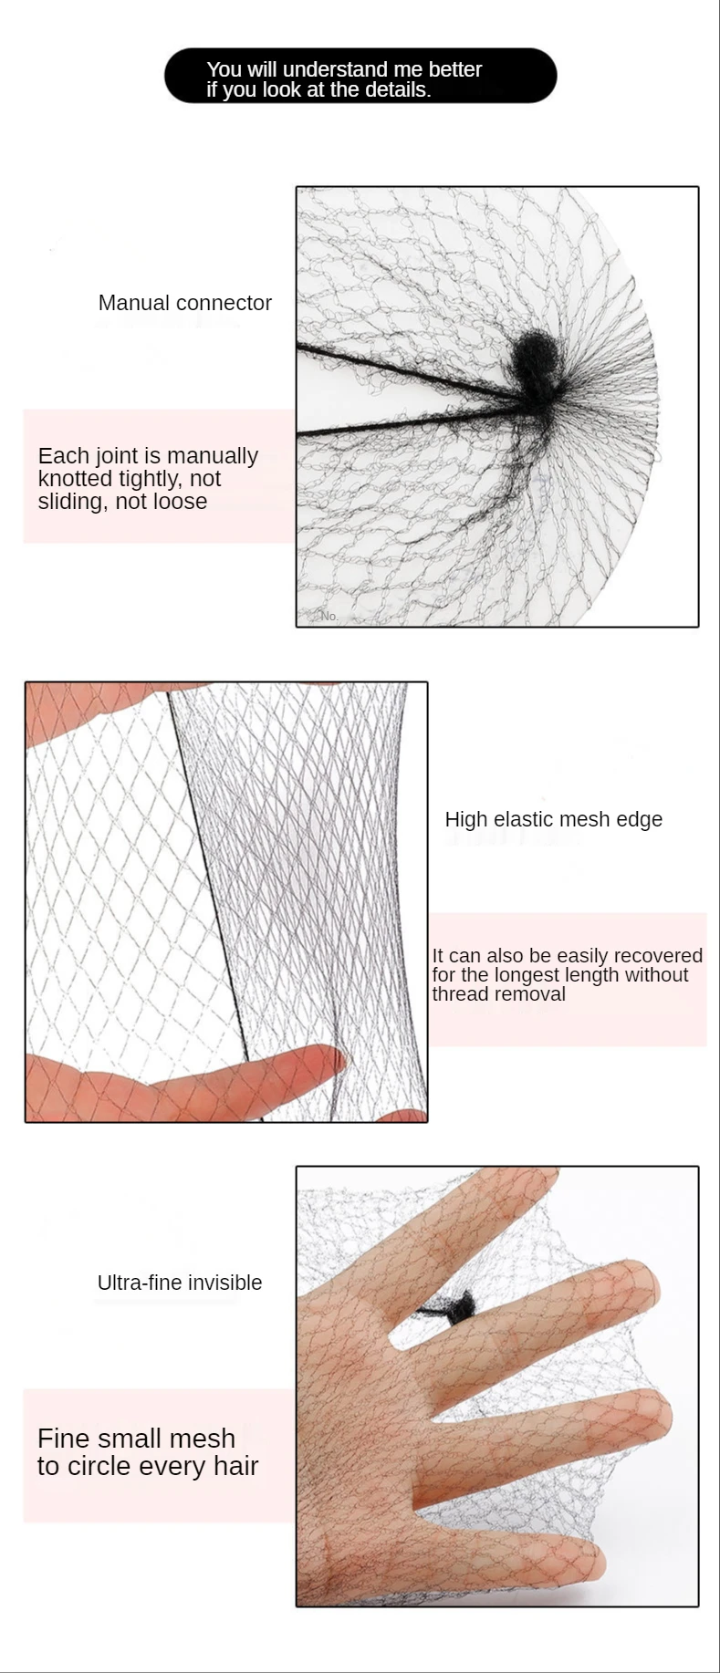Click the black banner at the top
(360, 76)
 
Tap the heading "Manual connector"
(185, 303)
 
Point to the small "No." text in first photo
(329, 617)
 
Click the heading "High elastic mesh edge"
(554, 819)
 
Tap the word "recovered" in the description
(656, 955)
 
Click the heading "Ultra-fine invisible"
(180, 1283)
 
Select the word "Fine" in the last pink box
(64, 1439)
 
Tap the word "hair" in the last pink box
(236, 1466)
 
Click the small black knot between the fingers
(460, 1307)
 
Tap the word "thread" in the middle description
(460, 993)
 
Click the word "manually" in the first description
(214, 456)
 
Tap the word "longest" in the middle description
(527, 975)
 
